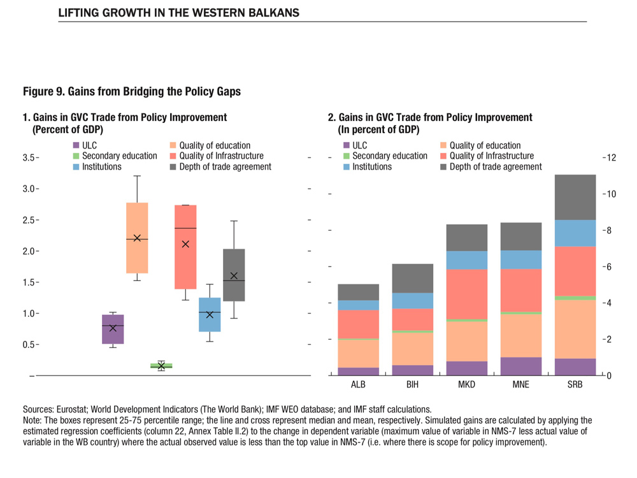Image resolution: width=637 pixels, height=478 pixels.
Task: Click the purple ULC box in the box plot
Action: click(x=113, y=329)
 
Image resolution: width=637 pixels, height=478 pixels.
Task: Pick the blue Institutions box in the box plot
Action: click(x=210, y=314)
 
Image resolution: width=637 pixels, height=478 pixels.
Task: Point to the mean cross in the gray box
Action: click(x=234, y=276)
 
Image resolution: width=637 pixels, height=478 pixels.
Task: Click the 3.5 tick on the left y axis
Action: click(x=29, y=157)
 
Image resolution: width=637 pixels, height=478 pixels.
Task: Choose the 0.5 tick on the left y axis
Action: click(x=29, y=345)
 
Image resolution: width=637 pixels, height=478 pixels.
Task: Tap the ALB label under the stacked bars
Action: click(x=358, y=386)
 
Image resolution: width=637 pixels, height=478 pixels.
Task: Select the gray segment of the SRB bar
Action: click(x=575, y=197)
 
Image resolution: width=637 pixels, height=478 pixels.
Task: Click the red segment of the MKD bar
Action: click(x=466, y=294)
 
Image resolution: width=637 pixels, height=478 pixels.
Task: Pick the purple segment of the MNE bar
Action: click(x=520, y=366)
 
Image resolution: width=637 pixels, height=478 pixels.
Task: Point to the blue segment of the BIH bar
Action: click(x=412, y=301)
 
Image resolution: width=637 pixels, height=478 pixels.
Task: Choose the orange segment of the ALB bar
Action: click(x=358, y=354)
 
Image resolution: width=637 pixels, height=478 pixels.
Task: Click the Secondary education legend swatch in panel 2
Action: click(x=347, y=156)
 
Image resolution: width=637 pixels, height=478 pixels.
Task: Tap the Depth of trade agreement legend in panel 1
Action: click(x=220, y=167)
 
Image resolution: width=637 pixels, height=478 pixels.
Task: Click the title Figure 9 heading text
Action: click(x=132, y=91)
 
